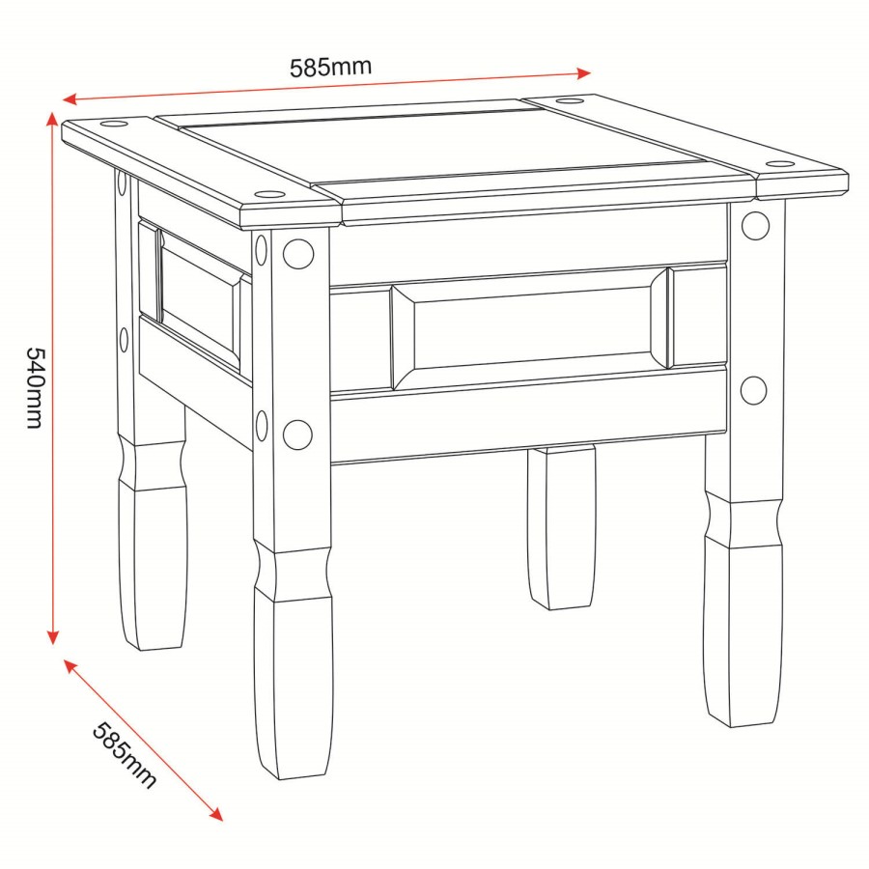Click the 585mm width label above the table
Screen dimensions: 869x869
[x=330, y=68]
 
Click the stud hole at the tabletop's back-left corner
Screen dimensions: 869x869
[x=112, y=125]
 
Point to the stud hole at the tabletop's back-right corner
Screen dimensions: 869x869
[x=571, y=99]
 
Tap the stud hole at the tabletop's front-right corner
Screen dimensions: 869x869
[x=779, y=162]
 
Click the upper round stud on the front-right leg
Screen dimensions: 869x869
[x=755, y=225]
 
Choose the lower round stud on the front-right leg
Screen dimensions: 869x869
[x=753, y=390]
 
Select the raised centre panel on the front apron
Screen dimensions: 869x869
[x=529, y=325]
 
